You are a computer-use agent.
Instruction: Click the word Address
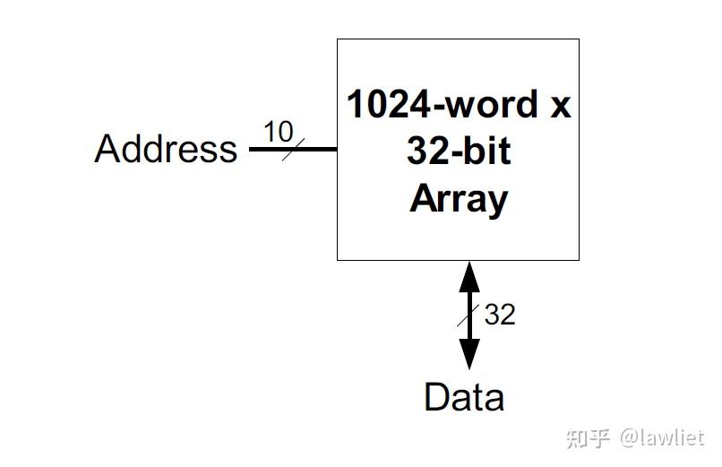[166, 148]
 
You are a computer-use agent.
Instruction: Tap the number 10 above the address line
[278, 132]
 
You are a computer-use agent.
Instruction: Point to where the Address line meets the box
[337, 149]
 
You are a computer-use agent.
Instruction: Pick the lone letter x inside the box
[559, 106]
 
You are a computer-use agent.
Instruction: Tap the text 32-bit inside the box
[458, 151]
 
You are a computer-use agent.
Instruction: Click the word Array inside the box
[458, 198]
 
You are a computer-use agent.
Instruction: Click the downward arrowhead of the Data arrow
[469, 355]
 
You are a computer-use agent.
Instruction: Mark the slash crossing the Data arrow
[468, 316]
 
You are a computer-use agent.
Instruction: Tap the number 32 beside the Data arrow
[500, 315]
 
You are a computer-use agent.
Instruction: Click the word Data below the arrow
[463, 397]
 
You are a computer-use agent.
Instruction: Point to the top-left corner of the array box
[338, 39]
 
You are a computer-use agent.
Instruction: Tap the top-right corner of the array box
[579, 39]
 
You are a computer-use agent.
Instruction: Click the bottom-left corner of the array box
[338, 260]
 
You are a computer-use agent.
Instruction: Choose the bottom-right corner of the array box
[579, 260]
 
